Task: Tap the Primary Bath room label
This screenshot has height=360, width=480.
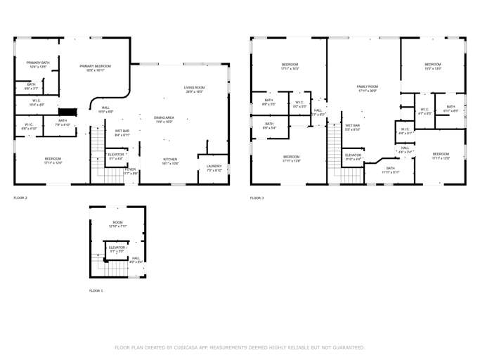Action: [x=38, y=63]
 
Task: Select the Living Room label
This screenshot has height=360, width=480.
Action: [x=195, y=87]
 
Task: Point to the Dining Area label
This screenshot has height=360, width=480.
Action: [x=164, y=117]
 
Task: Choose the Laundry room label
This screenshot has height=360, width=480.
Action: [x=214, y=166]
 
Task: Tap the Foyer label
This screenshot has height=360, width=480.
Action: [x=131, y=169]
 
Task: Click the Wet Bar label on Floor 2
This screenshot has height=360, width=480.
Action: [x=122, y=131]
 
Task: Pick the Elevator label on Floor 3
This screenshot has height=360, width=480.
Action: [x=353, y=155]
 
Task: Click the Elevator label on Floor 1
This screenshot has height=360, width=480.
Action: [x=117, y=247]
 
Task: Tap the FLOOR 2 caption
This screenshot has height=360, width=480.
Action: [x=20, y=198]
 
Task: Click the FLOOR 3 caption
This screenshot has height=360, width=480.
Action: [x=257, y=198]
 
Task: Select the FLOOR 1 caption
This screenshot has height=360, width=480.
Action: [x=96, y=290]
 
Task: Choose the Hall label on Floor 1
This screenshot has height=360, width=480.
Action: [x=136, y=258]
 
